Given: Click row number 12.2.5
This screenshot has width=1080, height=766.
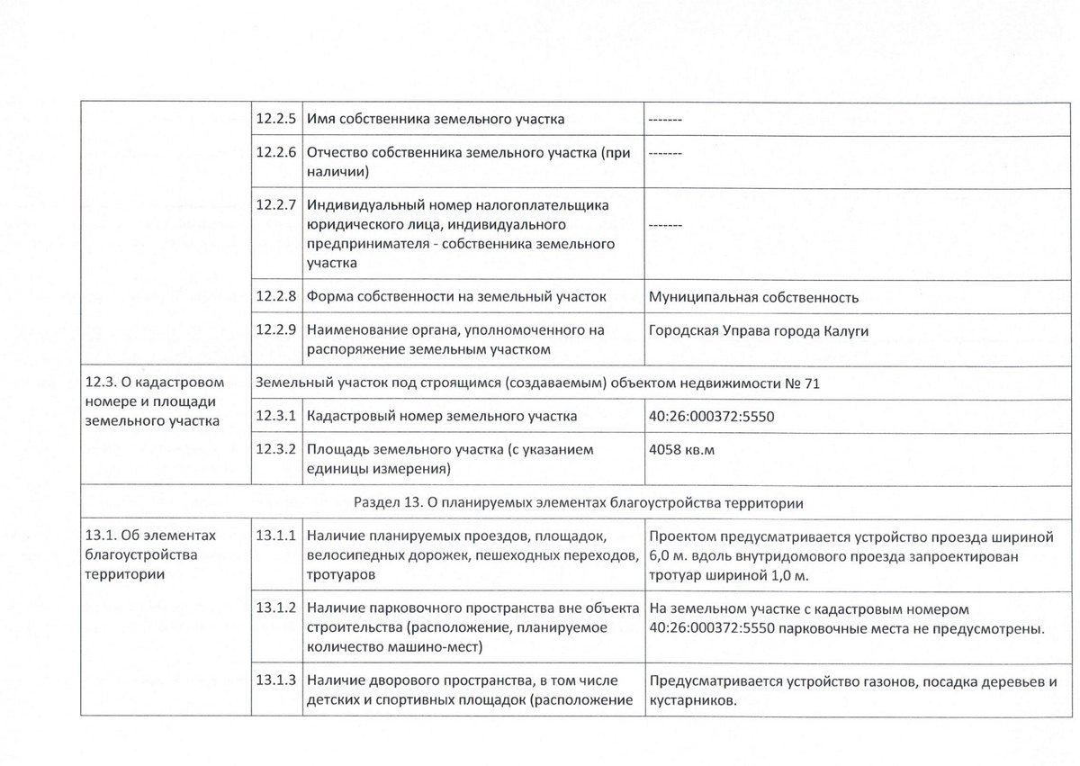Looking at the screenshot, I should tap(276, 119).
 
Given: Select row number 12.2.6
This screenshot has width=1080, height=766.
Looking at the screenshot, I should tap(276, 154).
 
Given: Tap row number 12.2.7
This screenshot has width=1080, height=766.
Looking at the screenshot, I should tap(276, 204).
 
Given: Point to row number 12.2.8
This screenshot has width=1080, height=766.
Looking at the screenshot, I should tap(276, 296).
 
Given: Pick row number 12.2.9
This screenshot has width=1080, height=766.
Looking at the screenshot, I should tap(276, 330).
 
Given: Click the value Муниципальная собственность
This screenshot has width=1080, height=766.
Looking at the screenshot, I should tap(753, 298).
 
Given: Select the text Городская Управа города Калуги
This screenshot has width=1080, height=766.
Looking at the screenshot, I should tap(759, 331).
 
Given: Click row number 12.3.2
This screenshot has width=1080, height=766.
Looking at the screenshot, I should tap(276, 449).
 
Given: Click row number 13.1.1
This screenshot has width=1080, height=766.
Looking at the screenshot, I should tap(276, 536).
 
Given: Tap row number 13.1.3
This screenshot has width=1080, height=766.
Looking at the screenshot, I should tap(276, 681).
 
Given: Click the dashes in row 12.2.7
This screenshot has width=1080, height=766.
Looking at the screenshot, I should tap(665, 224).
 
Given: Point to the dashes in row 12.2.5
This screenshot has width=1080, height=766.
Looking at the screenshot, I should tap(665, 120).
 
